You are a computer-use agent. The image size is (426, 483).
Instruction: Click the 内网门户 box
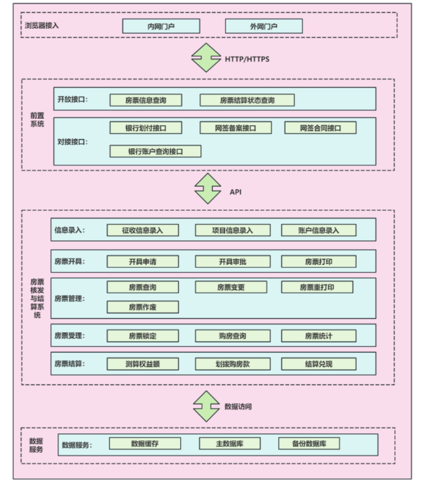point(161,26)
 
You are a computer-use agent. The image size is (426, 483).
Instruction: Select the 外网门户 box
point(264,26)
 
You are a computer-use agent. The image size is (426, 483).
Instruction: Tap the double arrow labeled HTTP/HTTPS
point(206,58)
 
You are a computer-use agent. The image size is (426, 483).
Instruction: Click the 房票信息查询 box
point(146,100)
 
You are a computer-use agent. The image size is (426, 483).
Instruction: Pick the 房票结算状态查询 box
point(247,100)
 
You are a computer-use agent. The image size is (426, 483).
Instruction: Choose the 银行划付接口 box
point(146,128)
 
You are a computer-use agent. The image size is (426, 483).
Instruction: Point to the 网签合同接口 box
point(321,128)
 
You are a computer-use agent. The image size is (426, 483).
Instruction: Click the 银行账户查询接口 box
point(156,151)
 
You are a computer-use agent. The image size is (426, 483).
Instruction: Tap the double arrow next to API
point(208,189)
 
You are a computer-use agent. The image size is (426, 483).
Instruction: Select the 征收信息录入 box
point(143,230)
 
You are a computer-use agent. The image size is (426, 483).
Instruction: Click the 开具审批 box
point(233,261)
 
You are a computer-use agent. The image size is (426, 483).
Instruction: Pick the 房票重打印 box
point(317,287)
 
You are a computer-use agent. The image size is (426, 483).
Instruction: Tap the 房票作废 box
point(143,307)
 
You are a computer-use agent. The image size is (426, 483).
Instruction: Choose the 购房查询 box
point(233,335)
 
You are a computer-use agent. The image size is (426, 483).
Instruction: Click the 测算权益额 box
point(143,364)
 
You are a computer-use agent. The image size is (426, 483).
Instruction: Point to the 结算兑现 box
point(319,364)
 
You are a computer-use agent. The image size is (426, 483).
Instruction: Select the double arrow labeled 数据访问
point(206,406)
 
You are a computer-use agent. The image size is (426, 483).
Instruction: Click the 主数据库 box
point(230,443)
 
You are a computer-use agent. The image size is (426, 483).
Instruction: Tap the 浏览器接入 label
point(42,25)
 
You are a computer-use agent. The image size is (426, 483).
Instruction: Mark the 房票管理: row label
point(70,298)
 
